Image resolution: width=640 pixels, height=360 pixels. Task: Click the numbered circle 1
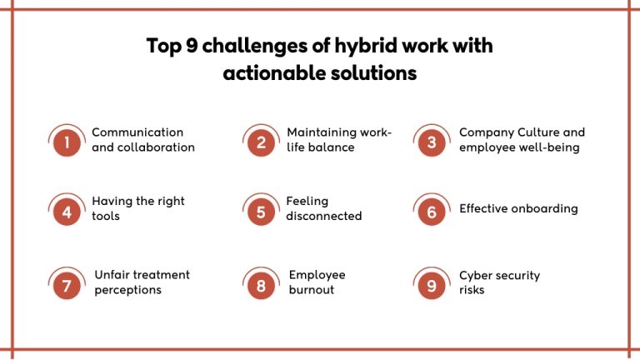[66, 142]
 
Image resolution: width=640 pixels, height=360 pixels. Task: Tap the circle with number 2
[261, 142]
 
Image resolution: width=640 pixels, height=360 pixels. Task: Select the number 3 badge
[432, 142]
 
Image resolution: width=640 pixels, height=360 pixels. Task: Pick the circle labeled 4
[66, 212]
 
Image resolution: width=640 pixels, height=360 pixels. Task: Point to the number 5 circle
[261, 212]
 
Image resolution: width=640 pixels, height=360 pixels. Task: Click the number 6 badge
[432, 212]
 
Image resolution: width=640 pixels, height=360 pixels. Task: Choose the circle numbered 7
[66, 286]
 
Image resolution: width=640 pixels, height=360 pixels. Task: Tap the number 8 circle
[261, 286]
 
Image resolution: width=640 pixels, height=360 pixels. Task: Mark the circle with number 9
[432, 286]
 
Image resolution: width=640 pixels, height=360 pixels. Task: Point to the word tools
[106, 216]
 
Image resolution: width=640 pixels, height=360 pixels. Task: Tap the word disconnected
[324, 216]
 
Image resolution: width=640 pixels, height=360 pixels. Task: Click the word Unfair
[112, 275]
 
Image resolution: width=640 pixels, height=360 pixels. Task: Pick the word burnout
[312, 290]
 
